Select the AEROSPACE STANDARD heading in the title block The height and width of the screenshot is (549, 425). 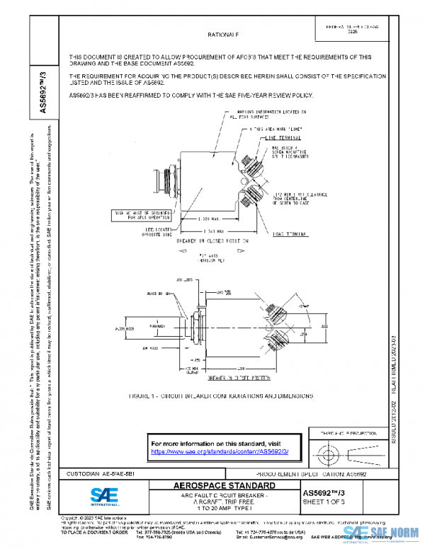click(225, 486)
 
